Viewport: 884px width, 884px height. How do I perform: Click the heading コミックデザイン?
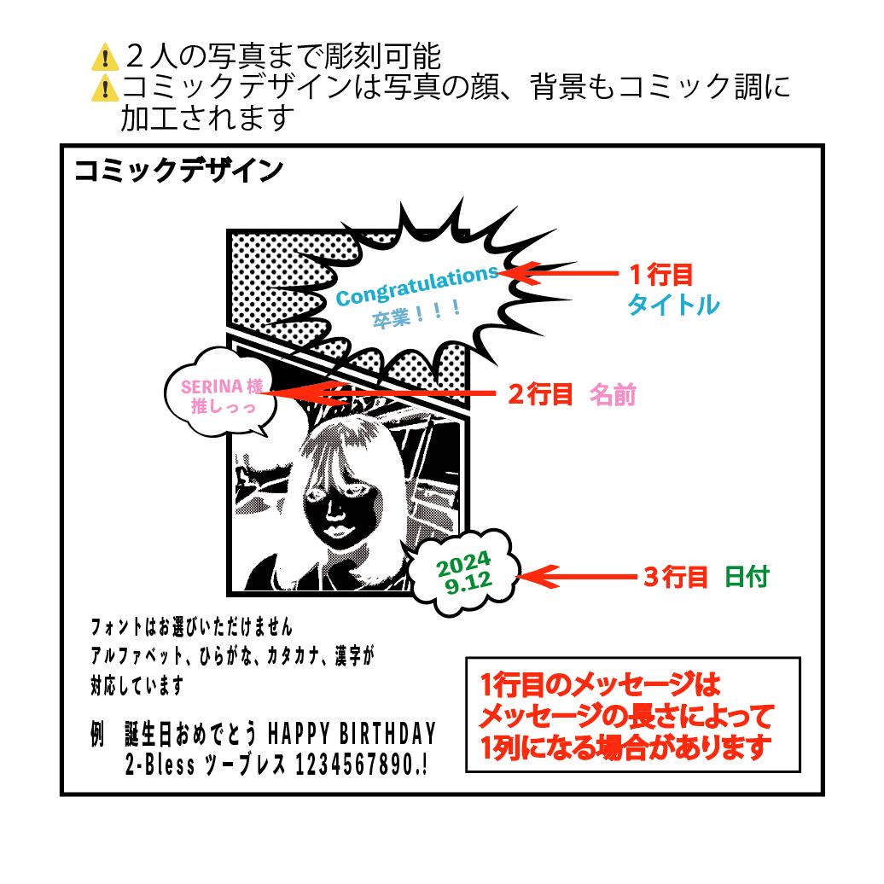[177, 171]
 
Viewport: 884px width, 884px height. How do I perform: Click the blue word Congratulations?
[416, 285]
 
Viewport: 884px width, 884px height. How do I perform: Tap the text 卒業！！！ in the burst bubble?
[416, 316]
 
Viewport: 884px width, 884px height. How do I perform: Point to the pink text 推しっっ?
[223, 407]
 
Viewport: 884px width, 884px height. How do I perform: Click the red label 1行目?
[660, 275]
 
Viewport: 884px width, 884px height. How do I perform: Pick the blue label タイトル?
[672, 305]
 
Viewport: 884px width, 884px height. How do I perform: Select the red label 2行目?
[539, 394]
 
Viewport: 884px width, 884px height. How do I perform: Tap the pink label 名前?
[613, 394]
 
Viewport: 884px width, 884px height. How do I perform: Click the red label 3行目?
[675, 578]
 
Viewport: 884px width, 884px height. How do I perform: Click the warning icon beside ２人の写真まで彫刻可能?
[104, 59]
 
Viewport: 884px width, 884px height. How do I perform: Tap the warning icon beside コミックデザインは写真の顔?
[104, 87]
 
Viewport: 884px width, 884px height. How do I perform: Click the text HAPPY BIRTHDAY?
[352, 734]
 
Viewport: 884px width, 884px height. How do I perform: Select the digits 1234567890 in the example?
[351, 765]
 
